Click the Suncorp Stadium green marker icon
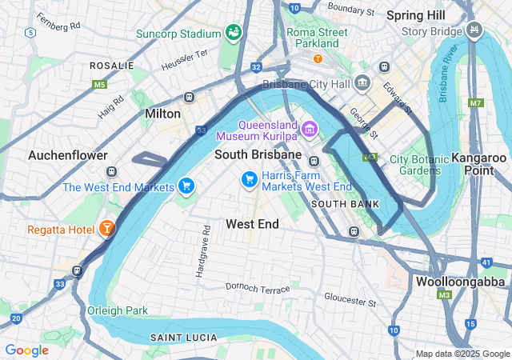tap(234, 33)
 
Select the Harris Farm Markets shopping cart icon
tap(250, 179)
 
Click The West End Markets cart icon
tap(186, 186)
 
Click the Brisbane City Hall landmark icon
tap(362, 83)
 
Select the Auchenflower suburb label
tap(68, 154)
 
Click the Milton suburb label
tap(162, 114)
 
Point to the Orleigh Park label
tap(118, 310)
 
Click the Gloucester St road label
tap(350, 299)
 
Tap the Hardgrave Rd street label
tap(200, 252)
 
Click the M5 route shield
tap(99, 84)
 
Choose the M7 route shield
tap(476, 102)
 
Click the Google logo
tap(26, 350)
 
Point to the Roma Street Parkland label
tap(318, 38)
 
